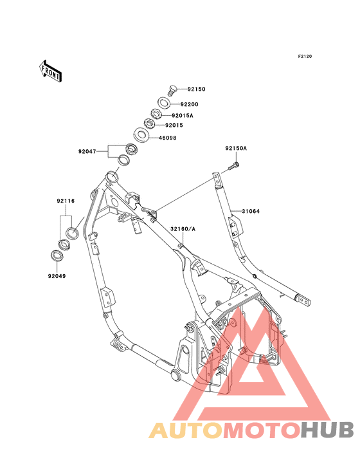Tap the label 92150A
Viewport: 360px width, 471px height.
(235, 149)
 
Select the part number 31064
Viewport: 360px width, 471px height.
(251, 210)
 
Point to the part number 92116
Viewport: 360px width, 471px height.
(66, 201)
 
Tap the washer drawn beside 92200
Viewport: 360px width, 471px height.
(165, 103)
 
